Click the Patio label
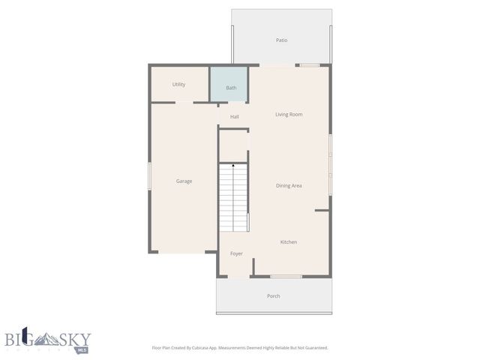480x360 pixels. pyautogui.click(x=281, y=40)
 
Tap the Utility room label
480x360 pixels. pyautogui.click(x=178, y=85)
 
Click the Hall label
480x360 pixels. pyautogui.click(x=235, y=117)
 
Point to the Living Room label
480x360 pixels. pyautogui.click(x=289, y=115)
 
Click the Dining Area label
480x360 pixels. pyautogui.click(x=289, y=186)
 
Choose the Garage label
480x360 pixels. pyautogui.click(x=184, y=181)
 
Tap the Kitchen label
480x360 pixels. pyautogui.click(x=289, y=242)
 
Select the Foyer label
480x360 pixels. pyautogui.click(x=236, y=254)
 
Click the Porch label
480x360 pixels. pyautogui.click(x=274, y=296)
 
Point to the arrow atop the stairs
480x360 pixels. pyautogui.click(x=233, y=165)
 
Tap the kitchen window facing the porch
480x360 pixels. pyautogui.click(x=286, y=277)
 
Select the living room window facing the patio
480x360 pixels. pyautogui.click(x=310, y=65)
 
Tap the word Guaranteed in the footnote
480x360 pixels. pyautogui.click(x=315, y=348)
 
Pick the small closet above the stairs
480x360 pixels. pyautogui.click(x=233, y=145)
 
